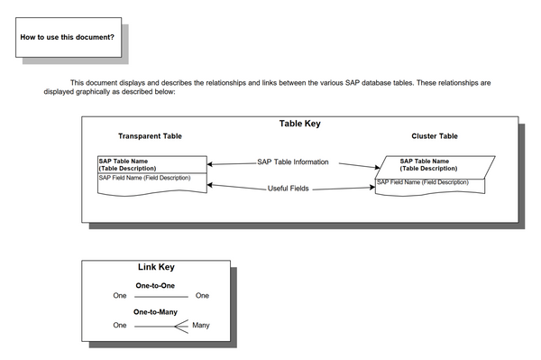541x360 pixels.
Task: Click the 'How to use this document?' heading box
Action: (67, 37)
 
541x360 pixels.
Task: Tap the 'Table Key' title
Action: (299, 124)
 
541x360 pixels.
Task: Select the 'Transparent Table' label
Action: (150, 136)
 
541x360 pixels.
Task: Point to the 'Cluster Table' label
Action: (435, 136)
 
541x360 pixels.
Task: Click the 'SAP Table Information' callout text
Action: (293, 162)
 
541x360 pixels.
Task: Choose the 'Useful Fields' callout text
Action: (289, 189)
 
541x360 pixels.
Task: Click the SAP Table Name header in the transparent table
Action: (136, 165)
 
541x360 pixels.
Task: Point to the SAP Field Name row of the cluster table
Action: (423, 182)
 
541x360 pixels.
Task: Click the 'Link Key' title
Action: (156, 267)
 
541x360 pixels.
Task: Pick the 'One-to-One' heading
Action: (155, 285)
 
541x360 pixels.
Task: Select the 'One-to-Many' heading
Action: (155, 312)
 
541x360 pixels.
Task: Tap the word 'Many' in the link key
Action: (201, 325)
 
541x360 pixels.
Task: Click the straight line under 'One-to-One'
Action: (160, 296)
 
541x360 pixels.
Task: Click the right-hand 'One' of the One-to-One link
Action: (202, 296)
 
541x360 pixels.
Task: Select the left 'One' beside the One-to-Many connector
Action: (120, 325)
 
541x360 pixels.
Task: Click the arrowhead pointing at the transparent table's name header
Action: (209, 165)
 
